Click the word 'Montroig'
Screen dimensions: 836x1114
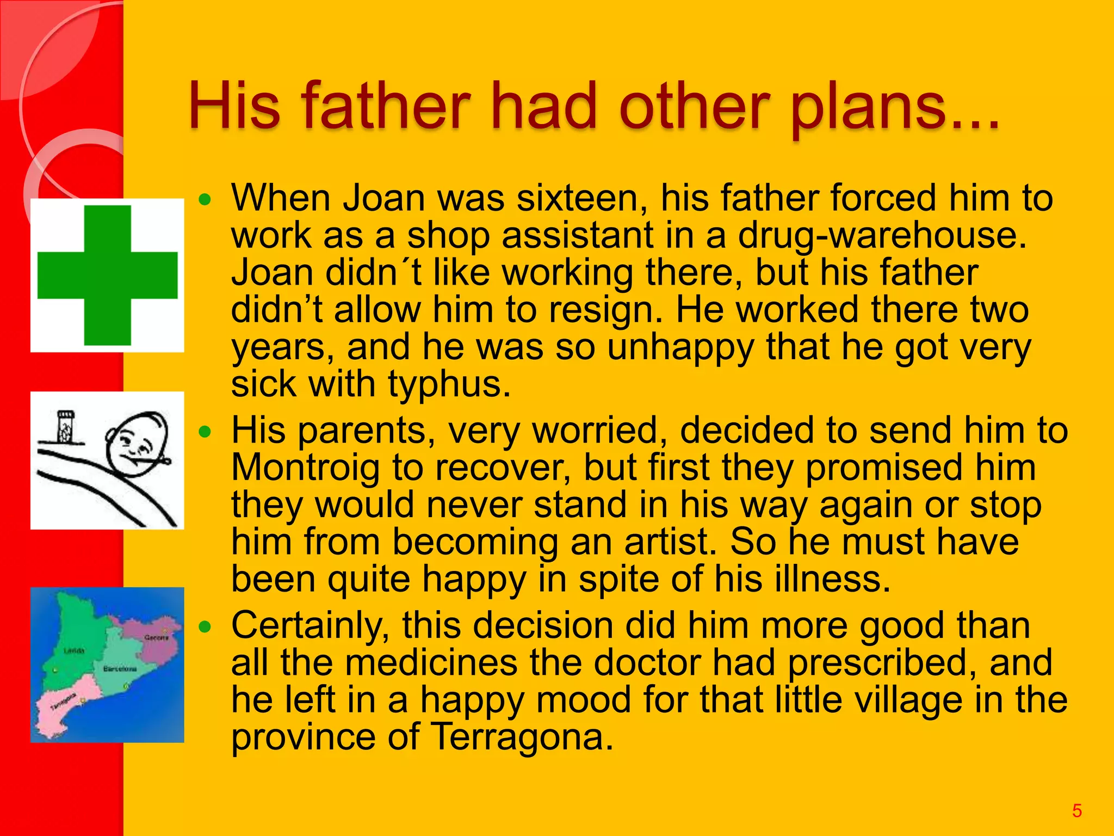[x=305, y=468]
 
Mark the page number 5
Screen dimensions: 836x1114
[x=1076, y=811]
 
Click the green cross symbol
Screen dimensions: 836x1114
[x=107, y=275]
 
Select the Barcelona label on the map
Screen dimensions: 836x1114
[x=120, y=668]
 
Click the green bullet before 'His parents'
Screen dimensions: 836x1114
[x=205, y=433]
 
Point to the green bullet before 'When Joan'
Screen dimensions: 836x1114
[x=205, y=200]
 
